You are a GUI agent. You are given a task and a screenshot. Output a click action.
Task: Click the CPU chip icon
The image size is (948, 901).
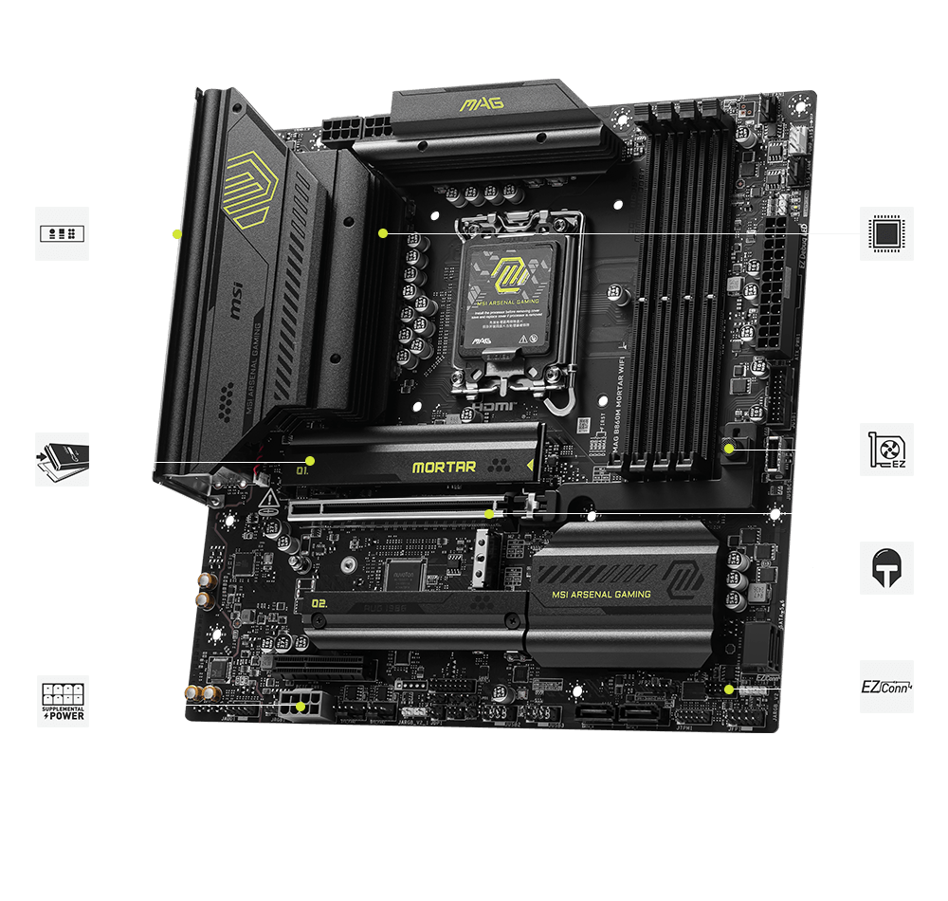tap(886, 232)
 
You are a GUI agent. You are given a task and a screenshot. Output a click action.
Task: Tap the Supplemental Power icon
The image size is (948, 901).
tap(63, 702)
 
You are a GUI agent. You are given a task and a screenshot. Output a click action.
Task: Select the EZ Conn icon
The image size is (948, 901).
tap(886, 686)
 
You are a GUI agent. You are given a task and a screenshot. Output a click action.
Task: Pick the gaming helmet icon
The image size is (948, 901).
tap(886, 568)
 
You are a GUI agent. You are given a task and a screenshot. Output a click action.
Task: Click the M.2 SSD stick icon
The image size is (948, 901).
tap(63, 459)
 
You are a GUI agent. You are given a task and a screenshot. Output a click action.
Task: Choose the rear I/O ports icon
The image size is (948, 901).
tap(63, 233)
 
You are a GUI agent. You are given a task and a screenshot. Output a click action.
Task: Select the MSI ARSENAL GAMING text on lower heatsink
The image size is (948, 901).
tap(601, 595)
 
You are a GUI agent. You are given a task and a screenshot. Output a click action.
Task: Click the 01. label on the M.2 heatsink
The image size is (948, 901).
tap(304, 469)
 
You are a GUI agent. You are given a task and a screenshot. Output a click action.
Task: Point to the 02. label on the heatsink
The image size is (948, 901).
tap(319, 602)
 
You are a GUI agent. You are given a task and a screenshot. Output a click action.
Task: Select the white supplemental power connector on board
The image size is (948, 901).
tap(301, 707)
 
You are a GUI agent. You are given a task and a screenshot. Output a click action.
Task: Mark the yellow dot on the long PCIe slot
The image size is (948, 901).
tap(489, 513)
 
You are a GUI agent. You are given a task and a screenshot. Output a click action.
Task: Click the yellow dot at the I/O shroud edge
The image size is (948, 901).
tap(176, 233)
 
